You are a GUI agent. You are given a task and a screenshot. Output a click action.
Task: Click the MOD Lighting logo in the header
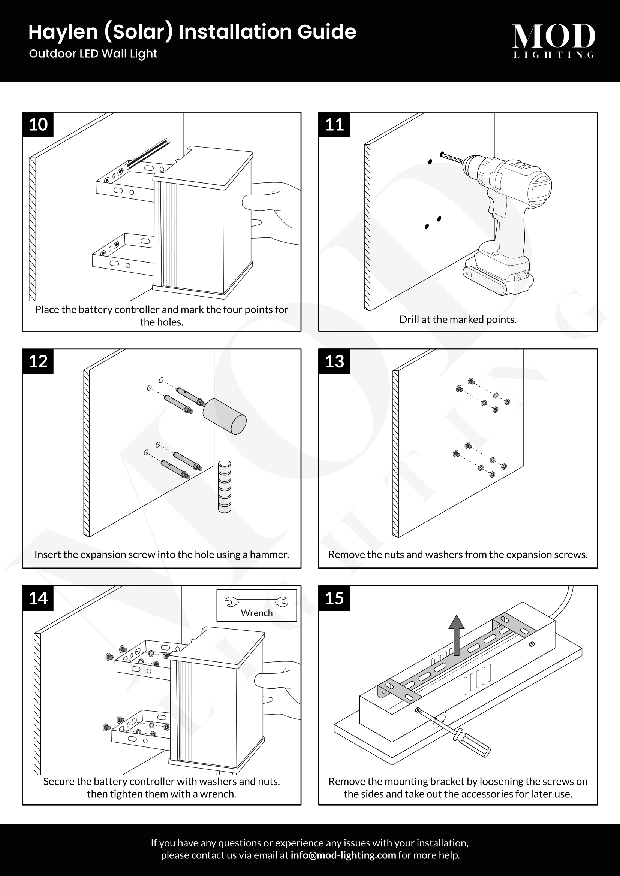click(553, 40)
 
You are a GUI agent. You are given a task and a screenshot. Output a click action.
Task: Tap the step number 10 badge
click(38, 125)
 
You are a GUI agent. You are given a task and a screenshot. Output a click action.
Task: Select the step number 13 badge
click(334, 361)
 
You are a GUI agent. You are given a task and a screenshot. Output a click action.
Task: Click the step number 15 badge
click(334, 598)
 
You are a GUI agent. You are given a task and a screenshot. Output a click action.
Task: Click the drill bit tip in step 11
click(443, 155)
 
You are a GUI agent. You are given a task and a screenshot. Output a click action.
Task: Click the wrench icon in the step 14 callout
click(256, 602)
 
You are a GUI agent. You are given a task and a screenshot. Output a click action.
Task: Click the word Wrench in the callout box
click(256, 613)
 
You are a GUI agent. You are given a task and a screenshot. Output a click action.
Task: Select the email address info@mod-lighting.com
click(343, 855)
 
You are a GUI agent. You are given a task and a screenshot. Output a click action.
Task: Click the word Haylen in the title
click(63, 32)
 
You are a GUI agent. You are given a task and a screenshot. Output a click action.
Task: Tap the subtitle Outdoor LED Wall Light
click(93, 54)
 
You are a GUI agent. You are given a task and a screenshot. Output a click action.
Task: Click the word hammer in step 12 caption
click(269, 554)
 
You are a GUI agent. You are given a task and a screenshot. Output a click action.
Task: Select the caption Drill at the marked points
click(458, 319)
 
